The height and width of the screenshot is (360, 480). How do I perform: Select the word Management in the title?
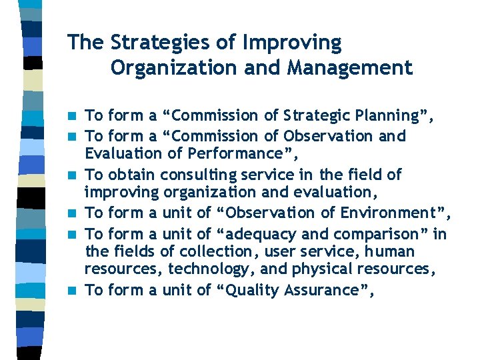pyautogui.click(x=352, y=68)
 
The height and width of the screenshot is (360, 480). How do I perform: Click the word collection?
pyautogui.click(x=238, y=252)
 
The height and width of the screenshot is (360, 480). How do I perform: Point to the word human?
pyautogui.click(x=390, y=252)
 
